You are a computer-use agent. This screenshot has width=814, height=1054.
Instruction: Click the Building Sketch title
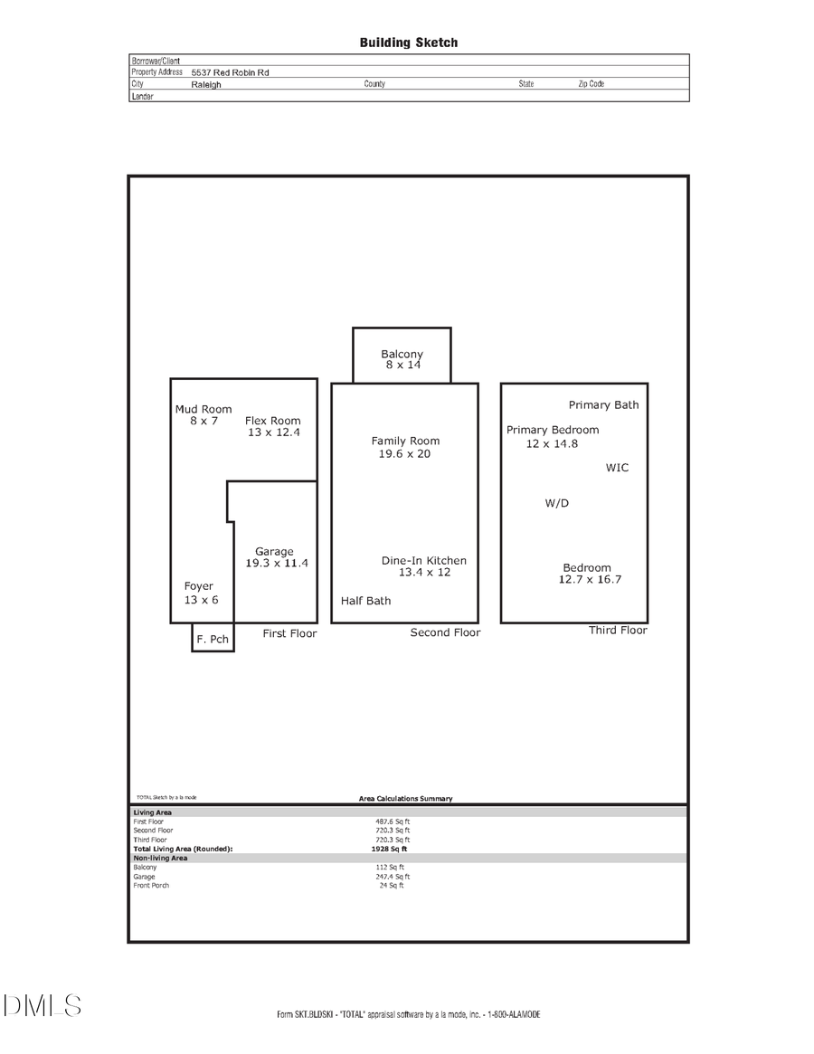[408, 43]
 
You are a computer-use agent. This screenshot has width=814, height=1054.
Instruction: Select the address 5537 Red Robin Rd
[230, 72]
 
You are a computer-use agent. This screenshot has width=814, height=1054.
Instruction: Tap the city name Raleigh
[206, 84]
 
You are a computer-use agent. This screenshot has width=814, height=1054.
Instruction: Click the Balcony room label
[402, 354]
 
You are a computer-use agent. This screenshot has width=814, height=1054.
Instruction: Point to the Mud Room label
[203, 409]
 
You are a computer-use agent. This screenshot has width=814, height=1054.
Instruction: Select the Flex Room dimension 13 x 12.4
[273, 432]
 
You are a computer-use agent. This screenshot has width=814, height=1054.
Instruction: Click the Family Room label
[405, 441]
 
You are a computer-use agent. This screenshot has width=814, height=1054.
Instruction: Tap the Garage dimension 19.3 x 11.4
[277, 563]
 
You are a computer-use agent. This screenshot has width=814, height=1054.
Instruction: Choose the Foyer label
[199, 586]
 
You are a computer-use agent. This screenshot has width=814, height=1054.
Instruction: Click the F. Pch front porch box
[213, 638]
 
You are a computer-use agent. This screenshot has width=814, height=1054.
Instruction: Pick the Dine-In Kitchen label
[424, 560]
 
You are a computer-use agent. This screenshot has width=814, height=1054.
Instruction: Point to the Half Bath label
[366, 601]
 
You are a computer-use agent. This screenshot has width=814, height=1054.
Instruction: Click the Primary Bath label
[603, 404]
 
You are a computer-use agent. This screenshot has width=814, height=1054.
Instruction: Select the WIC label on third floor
[617, 468]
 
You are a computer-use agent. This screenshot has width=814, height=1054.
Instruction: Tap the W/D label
[557, 503]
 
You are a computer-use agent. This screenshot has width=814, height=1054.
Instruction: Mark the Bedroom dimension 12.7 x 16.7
[590, 579]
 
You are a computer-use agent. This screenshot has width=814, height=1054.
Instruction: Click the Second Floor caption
[445, 632]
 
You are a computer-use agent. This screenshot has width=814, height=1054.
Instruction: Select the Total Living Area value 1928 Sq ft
[389, 849]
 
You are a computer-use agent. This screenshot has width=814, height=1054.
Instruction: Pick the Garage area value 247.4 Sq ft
[394, 876]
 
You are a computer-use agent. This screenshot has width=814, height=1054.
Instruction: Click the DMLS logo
[42, 1005]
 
